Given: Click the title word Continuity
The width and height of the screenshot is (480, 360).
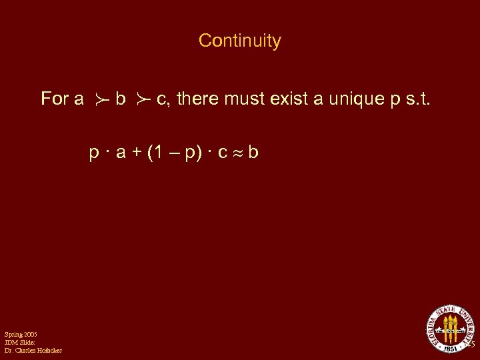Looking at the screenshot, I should [x=240, y=41].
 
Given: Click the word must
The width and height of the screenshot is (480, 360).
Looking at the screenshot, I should [x=245, y=99].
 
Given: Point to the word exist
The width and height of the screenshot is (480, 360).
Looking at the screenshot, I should [x=289, y=99].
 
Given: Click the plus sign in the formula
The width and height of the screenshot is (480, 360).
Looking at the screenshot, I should [x=136, y=153].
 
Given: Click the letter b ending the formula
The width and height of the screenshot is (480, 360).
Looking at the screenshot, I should [x=253, y=153].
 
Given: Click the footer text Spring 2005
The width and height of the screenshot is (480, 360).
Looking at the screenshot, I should [x=21, y=333].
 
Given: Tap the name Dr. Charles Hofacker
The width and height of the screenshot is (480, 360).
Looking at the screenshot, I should [x=33, y=351].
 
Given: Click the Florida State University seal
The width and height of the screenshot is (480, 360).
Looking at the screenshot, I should [x=449, y=328].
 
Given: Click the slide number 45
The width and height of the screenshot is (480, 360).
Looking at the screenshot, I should [x=470, y=345].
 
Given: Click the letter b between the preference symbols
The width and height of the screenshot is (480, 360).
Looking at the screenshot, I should [x=121, y=99].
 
